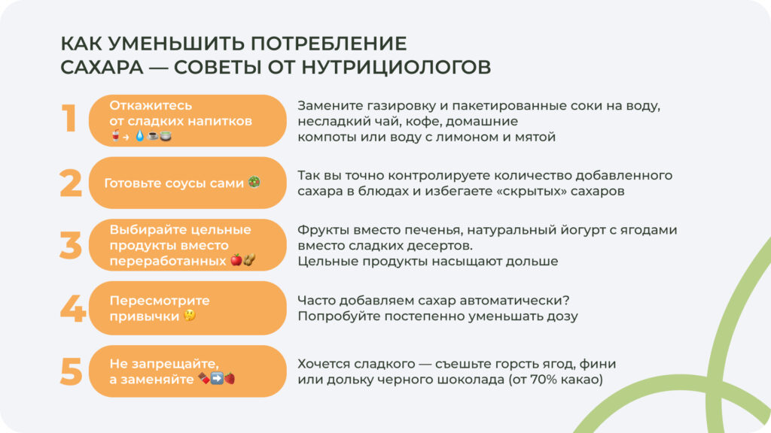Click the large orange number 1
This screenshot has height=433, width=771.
(x=69, y=120)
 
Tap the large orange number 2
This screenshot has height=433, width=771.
(x=70, y=183)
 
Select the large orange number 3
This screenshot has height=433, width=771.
(x=70, y=245)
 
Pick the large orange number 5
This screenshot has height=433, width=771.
(x=71, y=371)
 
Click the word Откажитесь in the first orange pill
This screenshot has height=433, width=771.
(x=151, y=105)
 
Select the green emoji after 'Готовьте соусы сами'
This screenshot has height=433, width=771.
(x=254, y=183)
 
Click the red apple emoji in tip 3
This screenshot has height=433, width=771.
(x=236, y=260)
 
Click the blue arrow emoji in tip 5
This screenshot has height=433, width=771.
(x=217, y=379)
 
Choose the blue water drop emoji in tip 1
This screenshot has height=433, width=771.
(x=139, y=136)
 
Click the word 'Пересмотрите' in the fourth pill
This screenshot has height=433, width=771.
(x=160, y=301)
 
